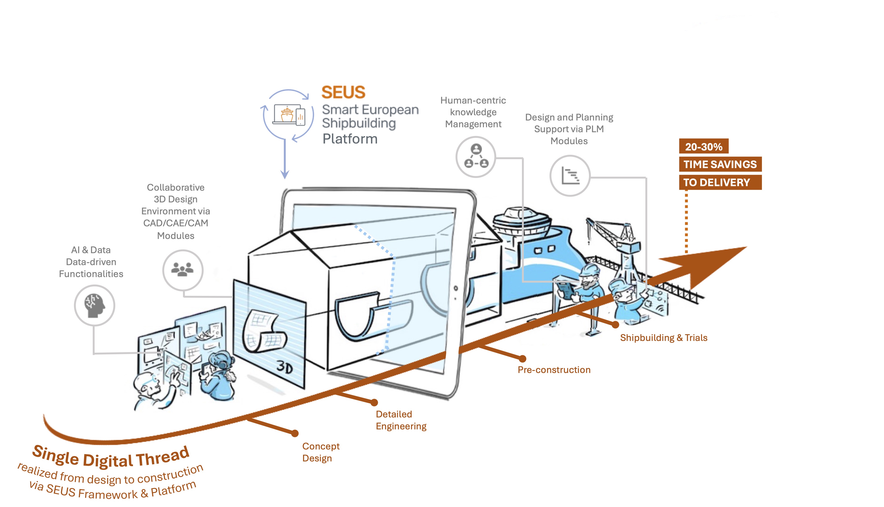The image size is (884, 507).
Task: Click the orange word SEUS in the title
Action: click(x=343, y=92)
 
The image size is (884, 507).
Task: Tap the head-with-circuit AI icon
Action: click(x=94, y=305)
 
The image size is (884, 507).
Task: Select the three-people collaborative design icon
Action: click(x=183, y=269)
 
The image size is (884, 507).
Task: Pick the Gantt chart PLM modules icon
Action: click(x=570, y=176)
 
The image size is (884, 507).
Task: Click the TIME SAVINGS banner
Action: click(x=720, y=164)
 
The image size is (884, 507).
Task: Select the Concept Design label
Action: click(x=321, y=452)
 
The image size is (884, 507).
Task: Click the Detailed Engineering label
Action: click(x=401, y=420)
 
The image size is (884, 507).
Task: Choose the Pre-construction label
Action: click(x=554, y=370)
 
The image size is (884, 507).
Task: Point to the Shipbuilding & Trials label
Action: click(x=663, y=338)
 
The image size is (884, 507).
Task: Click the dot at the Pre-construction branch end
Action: click(x=522, y=359)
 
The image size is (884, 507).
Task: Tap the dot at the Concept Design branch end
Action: click(x=295, y=433)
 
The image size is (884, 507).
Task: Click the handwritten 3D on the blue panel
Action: click(x=285, y=367)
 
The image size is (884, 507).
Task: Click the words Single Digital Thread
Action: click(x=111, y=457)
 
